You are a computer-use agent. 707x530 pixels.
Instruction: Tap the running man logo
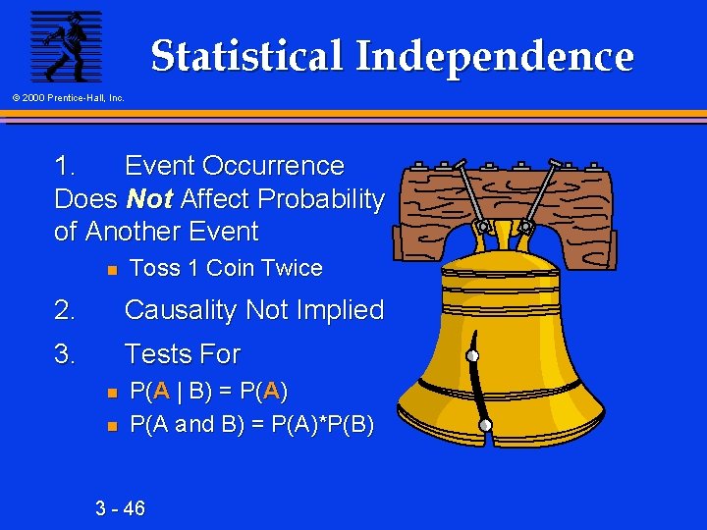(65, 47)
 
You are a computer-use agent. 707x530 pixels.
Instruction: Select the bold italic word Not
(150, 199)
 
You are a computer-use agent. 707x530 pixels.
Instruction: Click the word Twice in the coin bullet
(292, 268)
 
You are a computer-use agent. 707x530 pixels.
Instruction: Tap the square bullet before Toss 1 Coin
(112, 269)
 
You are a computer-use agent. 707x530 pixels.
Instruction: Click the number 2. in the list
(65, 311)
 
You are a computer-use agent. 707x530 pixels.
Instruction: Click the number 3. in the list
(65, 353)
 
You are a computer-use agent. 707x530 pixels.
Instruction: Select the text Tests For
(182, 353)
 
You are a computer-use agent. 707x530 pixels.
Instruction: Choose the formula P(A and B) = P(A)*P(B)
(251, 425)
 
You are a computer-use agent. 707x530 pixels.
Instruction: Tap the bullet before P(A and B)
(112, 426)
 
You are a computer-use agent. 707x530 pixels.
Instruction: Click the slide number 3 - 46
(120, 508)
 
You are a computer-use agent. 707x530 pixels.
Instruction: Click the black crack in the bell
(478, 393)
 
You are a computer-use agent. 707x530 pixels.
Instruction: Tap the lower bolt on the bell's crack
(485, 424)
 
